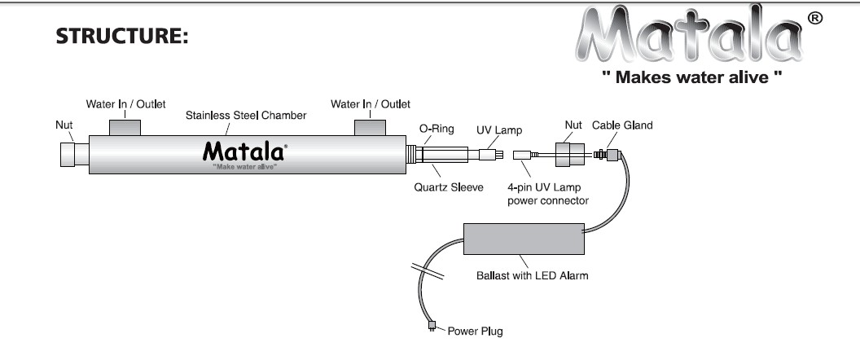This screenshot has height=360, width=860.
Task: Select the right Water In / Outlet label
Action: tap(371, 104)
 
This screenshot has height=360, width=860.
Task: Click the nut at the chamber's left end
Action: tap(73, 155)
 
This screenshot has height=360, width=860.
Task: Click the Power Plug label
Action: tap(474, 331)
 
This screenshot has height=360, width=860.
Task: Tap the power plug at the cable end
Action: tap(432, 327)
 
